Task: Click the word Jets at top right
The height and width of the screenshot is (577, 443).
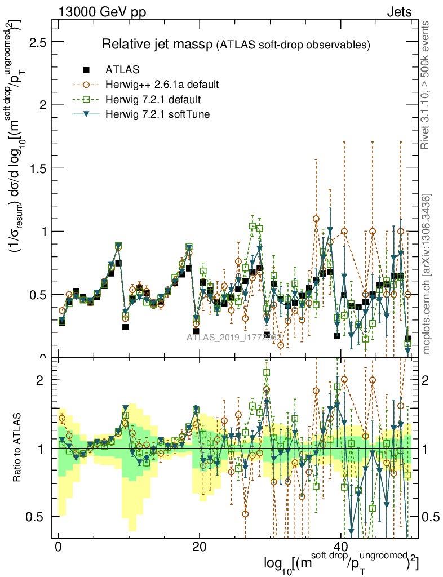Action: (x=399, y=12)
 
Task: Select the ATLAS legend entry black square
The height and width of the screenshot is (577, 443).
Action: (x=86, y=70)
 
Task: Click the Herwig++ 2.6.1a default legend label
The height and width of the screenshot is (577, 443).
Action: (x=162, y=85)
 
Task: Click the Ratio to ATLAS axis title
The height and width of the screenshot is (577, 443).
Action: (x=19, y=448)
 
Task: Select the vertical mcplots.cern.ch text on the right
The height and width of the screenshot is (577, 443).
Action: (x=427, y=274)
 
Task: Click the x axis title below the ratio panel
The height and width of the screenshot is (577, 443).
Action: (x=342, y=564)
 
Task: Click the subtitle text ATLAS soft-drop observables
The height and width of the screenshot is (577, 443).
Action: (x=293, y=45)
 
